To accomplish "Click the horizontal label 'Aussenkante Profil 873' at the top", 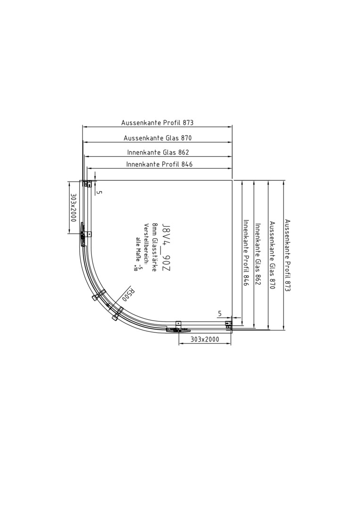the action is (157, 123).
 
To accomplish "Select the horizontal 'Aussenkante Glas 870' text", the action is (158, 138).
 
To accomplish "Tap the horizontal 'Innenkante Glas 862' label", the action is (158, 152).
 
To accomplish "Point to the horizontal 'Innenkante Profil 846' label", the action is (159, 164).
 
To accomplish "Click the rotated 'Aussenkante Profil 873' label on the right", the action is (287, 255).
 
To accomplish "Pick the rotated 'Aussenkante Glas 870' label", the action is (272, 255).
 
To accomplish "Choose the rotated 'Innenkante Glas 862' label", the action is (258, 254).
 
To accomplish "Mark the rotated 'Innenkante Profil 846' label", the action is (246, 253).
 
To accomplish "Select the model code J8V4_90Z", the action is (166, 247).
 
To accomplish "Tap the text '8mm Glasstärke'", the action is (155, 247).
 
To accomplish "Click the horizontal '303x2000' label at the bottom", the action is (205, 339).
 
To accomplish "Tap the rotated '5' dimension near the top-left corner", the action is (100, 192).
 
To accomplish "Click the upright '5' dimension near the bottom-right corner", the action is (220, 314).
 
